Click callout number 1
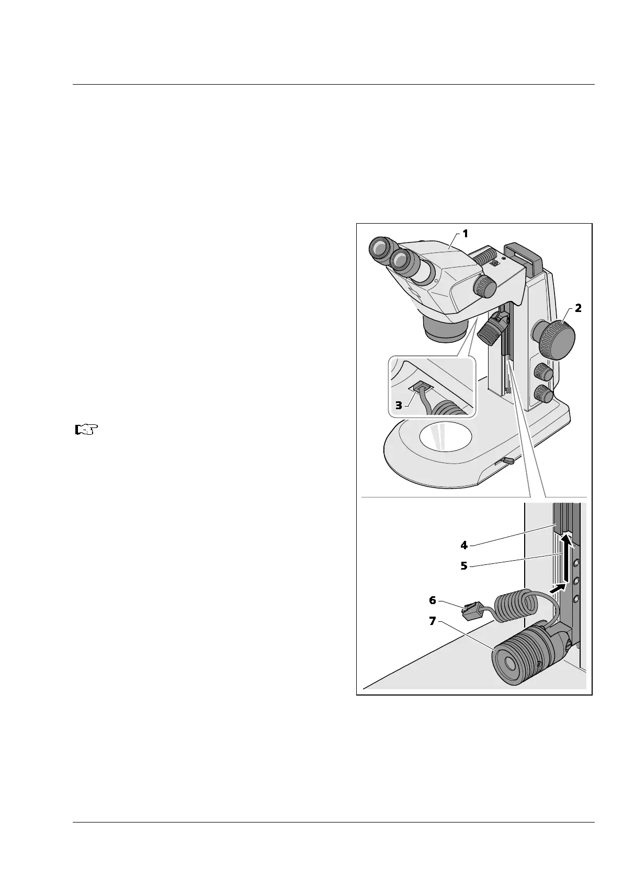(465, 234)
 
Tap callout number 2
(577, 308)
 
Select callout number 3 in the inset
(399, 405)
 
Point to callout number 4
(464, 545)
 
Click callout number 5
(464, 565)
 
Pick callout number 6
(432, 600)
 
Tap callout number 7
(432, 623)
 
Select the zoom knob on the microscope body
(485, 286)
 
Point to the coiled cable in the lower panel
(515, 606)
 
